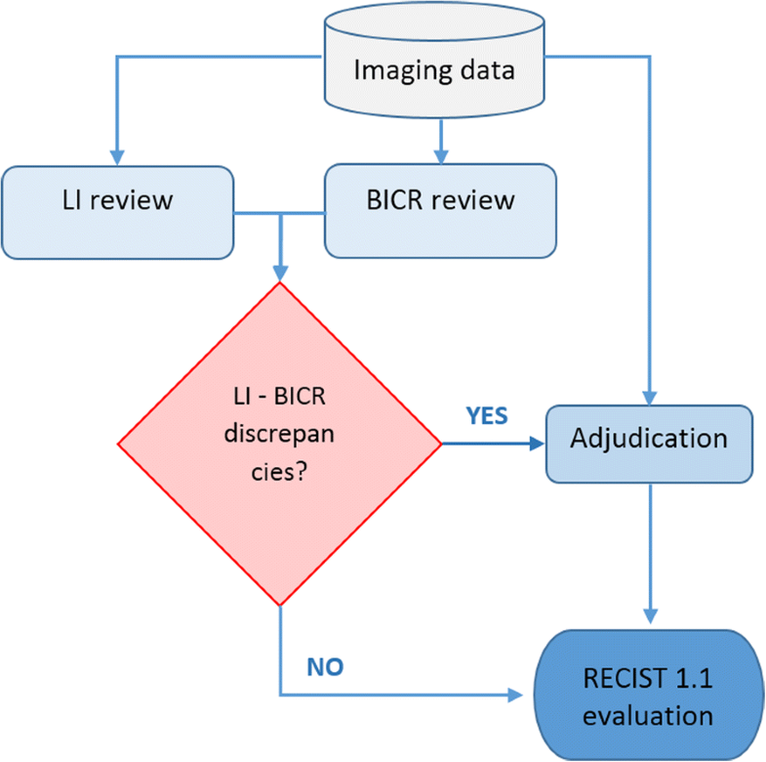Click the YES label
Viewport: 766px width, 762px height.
pyautogui.click(x=487, y=415)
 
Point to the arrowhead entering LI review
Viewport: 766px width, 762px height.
pyautogui.click(x=118, y=158)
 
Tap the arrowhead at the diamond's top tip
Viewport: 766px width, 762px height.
pyautogui.click(x=280, y=274)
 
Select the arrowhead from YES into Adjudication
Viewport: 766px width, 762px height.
pyautogui.click(x=536, y=443)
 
